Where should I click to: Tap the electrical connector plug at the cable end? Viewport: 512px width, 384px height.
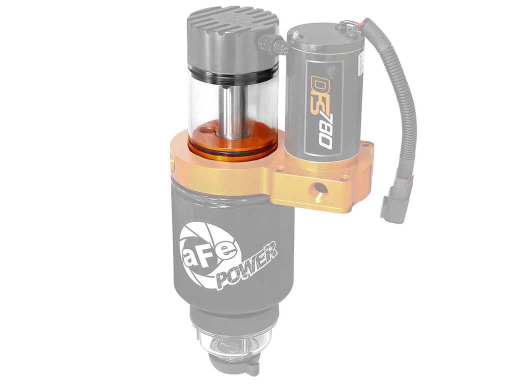(x=395, y=200)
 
